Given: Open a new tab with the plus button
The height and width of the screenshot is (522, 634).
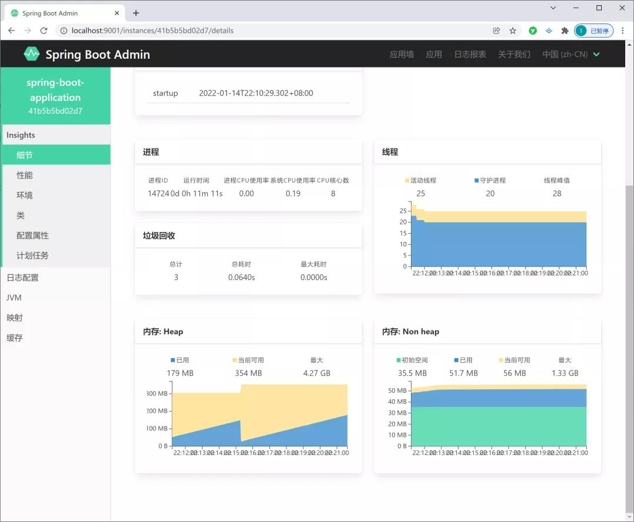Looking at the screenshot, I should pos(136,13).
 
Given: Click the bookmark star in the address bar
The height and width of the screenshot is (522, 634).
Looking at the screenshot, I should pos(512,31).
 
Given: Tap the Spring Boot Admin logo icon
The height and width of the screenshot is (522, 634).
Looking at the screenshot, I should pos(32,54).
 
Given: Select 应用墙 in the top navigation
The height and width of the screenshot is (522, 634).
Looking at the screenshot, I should pos(402,55).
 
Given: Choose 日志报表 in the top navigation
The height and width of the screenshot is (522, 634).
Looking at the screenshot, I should pos(470,55).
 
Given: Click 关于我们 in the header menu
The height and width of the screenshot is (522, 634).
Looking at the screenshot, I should pos(514,55).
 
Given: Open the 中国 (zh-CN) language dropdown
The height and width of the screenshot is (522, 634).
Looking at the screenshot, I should pos(571,55).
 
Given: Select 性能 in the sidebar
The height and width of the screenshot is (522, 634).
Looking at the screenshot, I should pos(25,176).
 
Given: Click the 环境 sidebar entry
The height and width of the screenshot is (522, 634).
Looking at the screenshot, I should pos(25,196).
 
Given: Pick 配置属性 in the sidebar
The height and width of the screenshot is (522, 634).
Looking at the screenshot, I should pos(32,235).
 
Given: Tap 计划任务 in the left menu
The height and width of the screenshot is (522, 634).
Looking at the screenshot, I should pos(32,255).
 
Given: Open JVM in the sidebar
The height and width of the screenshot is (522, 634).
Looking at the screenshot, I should pos(14,298).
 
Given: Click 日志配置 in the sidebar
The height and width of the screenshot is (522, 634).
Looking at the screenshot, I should pos(22,278).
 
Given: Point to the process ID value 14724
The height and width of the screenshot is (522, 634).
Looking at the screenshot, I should pos(158,194).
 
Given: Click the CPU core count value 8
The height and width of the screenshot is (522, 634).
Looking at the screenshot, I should pos(333,194).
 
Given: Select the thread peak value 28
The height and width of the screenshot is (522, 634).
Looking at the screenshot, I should pos(557,194).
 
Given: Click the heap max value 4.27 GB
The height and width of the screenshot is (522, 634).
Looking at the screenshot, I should pos(316,373).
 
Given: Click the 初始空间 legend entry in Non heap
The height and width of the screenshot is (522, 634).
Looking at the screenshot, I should pos(412,360).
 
